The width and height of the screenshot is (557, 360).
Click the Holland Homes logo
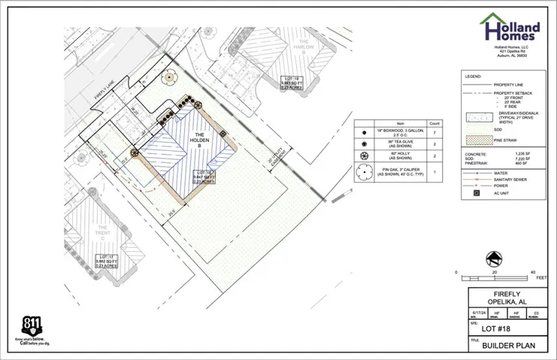pos(511,29)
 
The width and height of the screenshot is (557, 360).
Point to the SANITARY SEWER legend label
pos(510,180)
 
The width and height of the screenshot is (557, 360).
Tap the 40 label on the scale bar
pos(532,272)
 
